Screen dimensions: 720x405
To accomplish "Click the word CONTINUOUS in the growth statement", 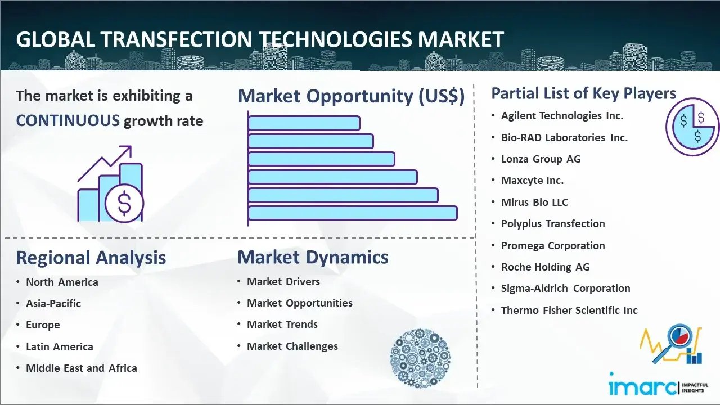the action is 68,121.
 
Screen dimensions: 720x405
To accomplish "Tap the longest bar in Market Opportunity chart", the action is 353,213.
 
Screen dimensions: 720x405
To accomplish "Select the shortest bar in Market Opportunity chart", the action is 304,123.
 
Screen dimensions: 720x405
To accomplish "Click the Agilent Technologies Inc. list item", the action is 562,116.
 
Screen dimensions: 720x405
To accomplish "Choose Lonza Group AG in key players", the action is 541,159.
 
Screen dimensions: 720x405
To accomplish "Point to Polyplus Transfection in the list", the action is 553,224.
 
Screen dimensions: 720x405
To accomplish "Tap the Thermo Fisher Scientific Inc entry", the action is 569,310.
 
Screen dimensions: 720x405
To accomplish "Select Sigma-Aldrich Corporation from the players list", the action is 565,289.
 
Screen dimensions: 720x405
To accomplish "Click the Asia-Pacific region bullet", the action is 53,303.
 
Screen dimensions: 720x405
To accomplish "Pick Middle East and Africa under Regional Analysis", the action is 82,368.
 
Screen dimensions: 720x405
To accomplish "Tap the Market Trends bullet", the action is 282,325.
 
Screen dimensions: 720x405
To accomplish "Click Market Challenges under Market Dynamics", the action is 292,346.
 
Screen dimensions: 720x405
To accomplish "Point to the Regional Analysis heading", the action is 91,258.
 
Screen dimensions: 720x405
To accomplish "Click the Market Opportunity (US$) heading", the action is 352,96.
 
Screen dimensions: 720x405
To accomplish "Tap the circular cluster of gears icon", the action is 420,358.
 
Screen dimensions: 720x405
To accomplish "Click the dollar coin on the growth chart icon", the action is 124,203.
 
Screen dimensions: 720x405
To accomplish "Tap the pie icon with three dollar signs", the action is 692,127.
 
